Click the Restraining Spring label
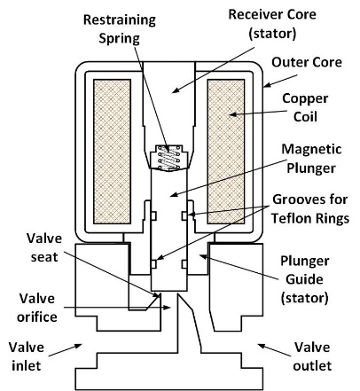[120, 29]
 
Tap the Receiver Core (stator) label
[272, 24]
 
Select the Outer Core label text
[307, 62]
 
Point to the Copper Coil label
[305, 107]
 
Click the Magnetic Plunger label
[311, 159]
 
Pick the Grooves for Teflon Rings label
[310, 209]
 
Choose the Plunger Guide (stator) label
[304, 279]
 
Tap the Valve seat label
[44, 247]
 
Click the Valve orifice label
[37, 308]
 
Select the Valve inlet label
[26, 356]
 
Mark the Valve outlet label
[312, 356]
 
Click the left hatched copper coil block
[112, 152]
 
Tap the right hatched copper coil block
[226, 152]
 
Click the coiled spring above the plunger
[169, 158]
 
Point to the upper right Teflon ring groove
[184, 215]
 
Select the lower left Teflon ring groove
[153, 264]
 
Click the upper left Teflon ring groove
[153, 215]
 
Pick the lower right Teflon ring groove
[184, 264]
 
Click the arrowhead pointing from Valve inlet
[78, 346]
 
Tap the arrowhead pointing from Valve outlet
[262, 346]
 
